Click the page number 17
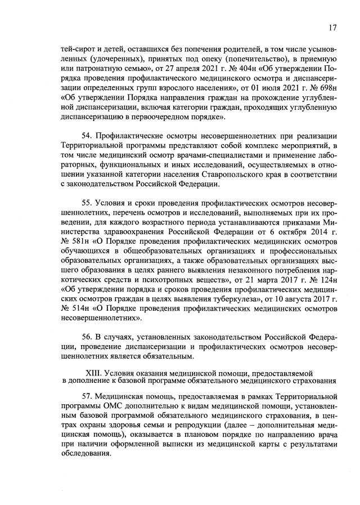pos(332,26)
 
